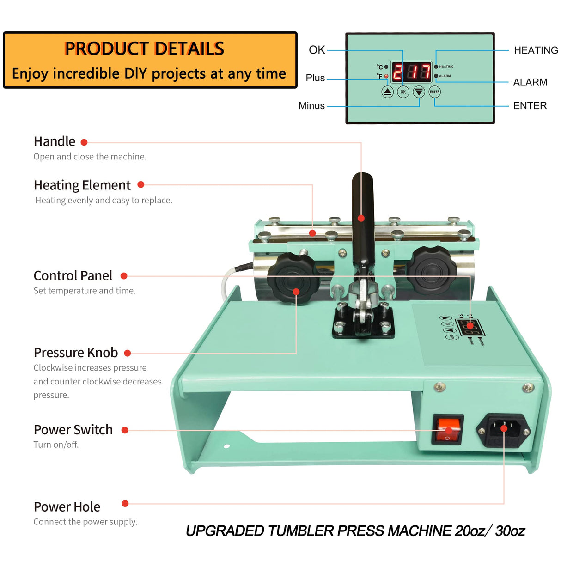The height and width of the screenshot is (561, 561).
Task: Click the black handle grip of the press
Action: (x=362, y=203)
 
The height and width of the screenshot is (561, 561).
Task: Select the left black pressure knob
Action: (x=291, y=277)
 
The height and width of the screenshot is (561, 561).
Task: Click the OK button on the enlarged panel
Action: (x=403, y=92)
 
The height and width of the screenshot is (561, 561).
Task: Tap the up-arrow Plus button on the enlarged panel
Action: (x=387, y=92)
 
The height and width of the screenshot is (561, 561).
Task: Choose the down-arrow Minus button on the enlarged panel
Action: (x=419, y=92)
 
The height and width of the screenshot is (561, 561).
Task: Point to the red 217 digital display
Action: (x=411, y=72)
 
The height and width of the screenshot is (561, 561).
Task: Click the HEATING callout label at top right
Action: (x=536, y=50)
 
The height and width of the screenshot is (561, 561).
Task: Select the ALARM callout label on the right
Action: (x=530, y=82)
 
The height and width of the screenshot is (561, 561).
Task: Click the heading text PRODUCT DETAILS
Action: (x=144, y=49)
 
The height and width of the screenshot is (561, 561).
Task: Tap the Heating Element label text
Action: (x=82, y=185)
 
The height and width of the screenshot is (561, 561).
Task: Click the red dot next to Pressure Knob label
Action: (x=128, y=353)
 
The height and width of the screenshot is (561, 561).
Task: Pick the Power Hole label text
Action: (x=67, y=507)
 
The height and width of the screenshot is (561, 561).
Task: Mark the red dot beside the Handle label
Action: (x=84, y=142)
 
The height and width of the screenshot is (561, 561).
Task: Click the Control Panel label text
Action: (x=73, y=276)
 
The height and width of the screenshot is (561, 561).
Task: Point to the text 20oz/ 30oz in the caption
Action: (x=490, y=531)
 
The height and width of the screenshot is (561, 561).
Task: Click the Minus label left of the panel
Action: (x=311, y=106)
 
